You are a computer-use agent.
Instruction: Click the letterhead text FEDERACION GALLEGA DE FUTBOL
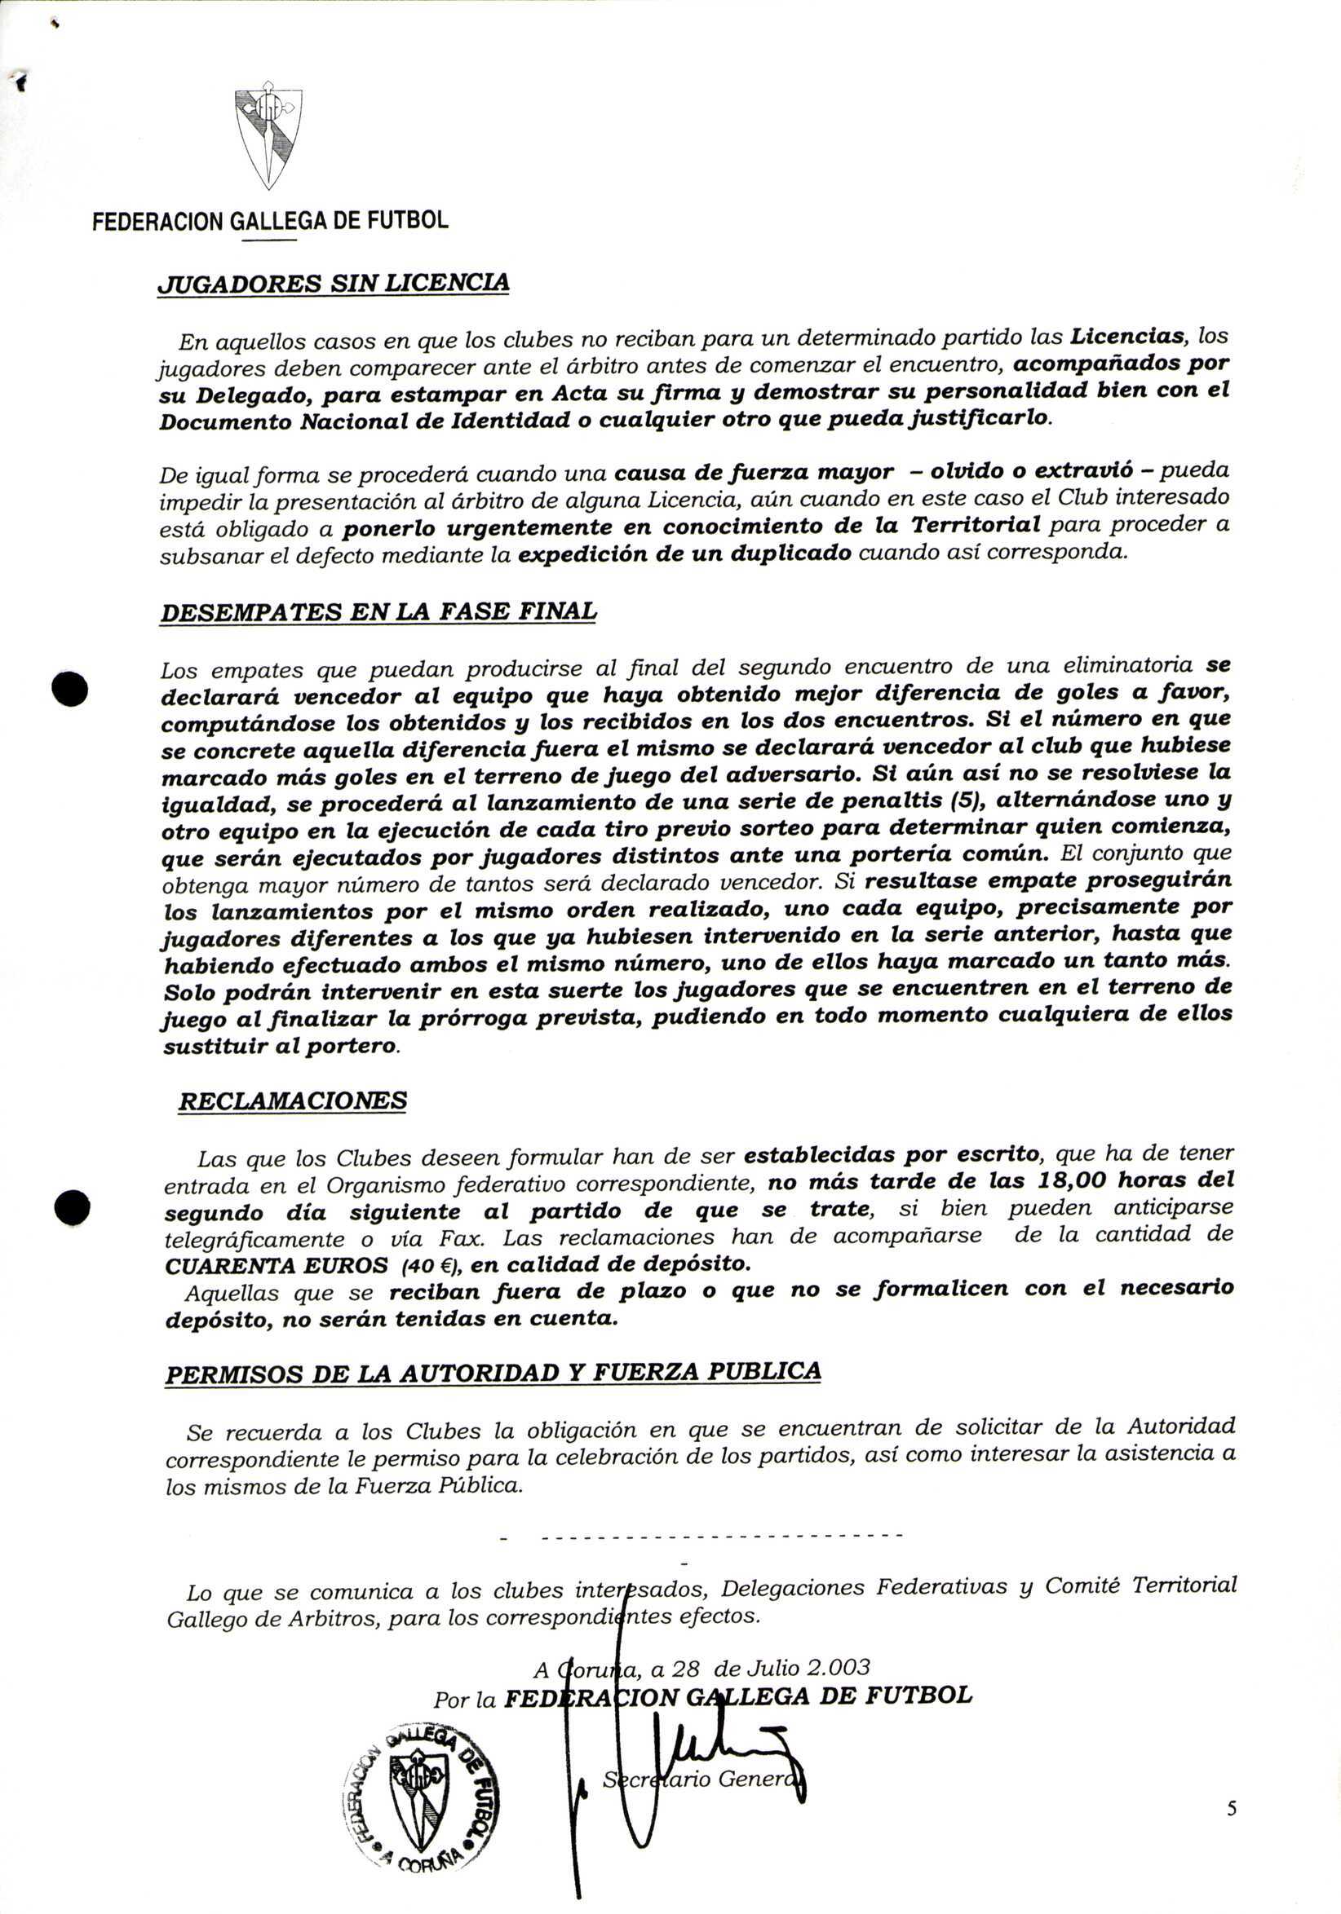(269, 221)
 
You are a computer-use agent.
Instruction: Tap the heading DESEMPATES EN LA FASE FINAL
(378, 612)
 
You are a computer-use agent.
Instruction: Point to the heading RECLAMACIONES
(293, 1100)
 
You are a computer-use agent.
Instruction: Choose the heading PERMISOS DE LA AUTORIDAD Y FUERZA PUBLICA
(492, 1372)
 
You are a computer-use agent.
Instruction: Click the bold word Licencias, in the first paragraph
(1129, 336)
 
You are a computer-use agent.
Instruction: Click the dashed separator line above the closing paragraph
(720, 1535)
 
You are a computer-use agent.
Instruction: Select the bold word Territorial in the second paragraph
(975, 525)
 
